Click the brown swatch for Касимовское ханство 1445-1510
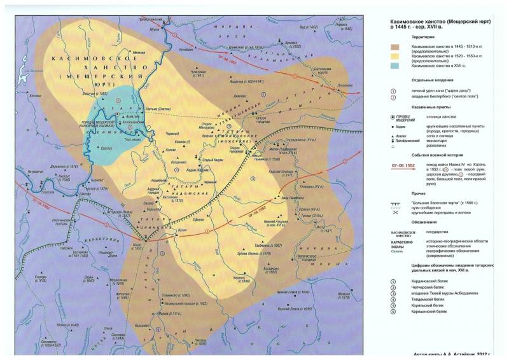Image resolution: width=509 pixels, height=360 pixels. [x=398, y=47]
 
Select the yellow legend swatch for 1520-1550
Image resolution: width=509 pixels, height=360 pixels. [x=398, y=57]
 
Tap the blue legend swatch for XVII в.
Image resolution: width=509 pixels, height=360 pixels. [x=398, y=66]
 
